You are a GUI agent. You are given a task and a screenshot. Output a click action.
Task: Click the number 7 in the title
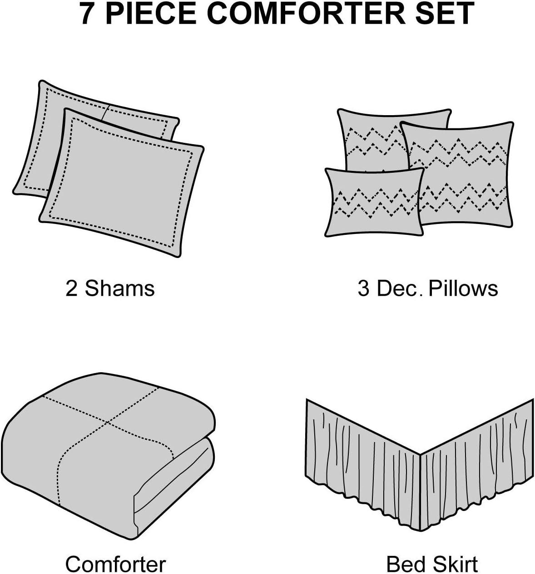pyautogui.click(x=89, y=14)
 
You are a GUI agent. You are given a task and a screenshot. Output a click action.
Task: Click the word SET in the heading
pyautogui.click(x=446, y=14)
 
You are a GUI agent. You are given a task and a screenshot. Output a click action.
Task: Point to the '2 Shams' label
pyautogui.click(x=110, y=289)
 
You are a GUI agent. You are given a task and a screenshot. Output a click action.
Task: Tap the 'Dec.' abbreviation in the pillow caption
pyautogui.click(x=398, y=289)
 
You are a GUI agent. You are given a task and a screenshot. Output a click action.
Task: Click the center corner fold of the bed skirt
pyautogui.click(x=420, y=476)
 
